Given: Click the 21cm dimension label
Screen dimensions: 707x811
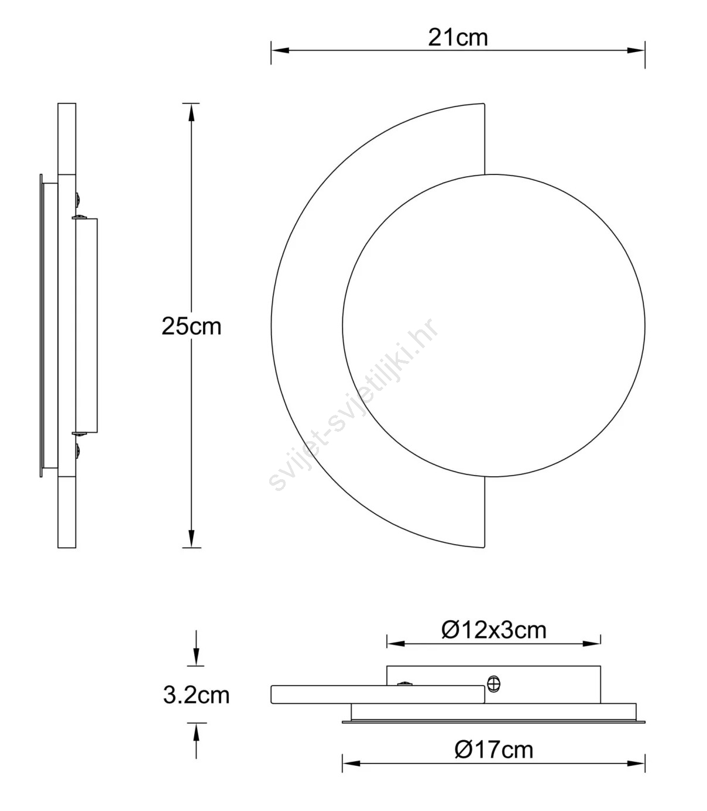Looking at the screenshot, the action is coord(458,38).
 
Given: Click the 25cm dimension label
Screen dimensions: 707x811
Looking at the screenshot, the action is coord(191,327).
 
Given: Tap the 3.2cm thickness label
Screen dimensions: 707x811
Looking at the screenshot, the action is coord(196,695).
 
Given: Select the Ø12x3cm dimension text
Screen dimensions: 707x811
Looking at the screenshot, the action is coord(493,630).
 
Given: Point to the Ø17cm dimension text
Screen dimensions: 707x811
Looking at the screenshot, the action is coord(493,750).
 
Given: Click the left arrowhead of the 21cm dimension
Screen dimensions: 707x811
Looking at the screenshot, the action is coord(280,51).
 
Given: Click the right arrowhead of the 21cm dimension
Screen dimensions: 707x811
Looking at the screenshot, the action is coord(636,51).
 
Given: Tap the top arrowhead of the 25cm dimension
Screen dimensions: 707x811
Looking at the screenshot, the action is coord(191,112).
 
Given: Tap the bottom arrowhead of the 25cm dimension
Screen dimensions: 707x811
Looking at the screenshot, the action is coord(191,539).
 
